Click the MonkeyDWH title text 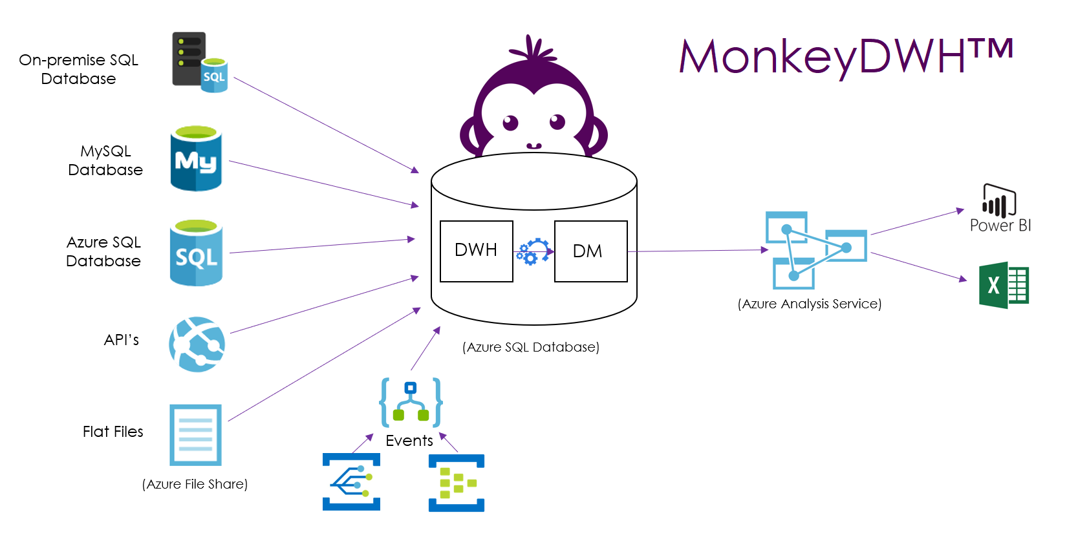[x=846, y=57]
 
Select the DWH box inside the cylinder [x=477, y=251]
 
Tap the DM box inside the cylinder [x=590, y=251]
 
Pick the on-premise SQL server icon [x=200, y=62]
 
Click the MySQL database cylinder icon [x=196, y=158]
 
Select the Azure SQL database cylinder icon [x=196, y=252]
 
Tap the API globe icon [x=197, y=344]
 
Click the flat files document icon [x=196, y=435]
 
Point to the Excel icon [x=1004, y=285]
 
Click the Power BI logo [x=999, y=207]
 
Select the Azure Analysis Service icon [x=816, y=250]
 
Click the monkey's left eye [x=510, y=123]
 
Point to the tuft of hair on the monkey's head [x=533, y=48]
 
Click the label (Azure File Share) [x=195, y=484]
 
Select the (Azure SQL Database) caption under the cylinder [x=531, y=346]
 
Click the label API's [x=121, y=339]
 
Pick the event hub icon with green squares [x=457, y=483]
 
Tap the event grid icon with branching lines [x=352, y=481]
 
